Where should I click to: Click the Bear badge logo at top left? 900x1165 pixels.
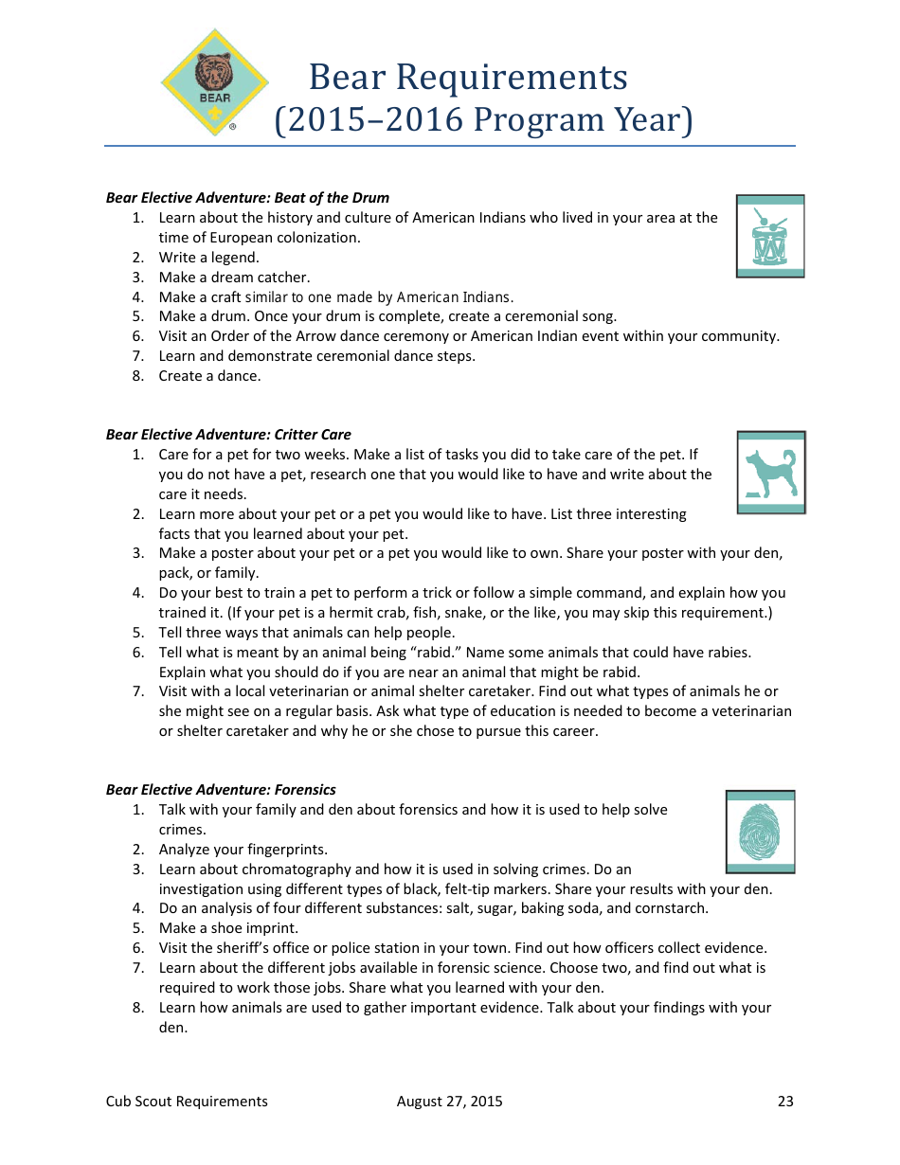pos(214,82)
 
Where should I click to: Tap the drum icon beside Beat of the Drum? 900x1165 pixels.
pos(769,237)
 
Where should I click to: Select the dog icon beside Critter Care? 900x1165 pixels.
pos(770,473)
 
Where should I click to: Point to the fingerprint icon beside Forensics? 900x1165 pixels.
pos(760,832)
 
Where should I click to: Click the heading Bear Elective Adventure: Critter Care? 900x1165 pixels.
pos(228,435)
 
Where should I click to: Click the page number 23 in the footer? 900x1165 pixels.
pos(785,1101)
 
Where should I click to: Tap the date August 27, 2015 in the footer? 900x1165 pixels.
pos(449,1101)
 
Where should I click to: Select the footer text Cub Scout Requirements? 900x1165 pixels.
pos(187,1101)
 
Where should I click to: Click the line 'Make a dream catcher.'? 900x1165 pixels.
pos(234,278)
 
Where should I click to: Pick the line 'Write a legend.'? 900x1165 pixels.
pos(208,258)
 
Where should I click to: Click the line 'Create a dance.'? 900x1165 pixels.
pos(209,376)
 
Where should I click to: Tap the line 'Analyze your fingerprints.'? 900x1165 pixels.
pos(243,850)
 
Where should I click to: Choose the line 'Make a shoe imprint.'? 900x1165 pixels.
pos(228,928)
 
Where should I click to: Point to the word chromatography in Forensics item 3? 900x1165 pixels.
pos(291,869)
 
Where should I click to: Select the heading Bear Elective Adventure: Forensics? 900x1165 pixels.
pos(221,790)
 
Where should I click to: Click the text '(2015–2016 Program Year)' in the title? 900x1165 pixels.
pos(483,120)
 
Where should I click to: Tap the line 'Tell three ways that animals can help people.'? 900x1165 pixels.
pos(306,633)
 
